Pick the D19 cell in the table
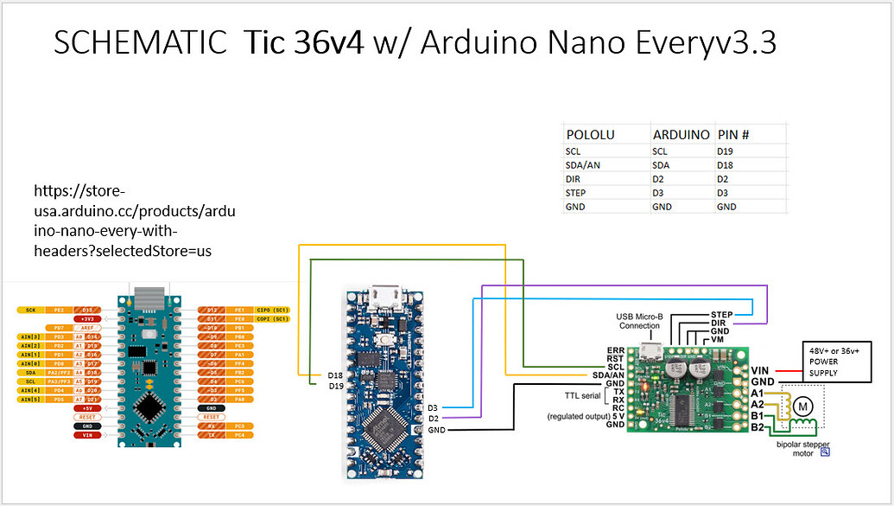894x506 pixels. pos(726,151)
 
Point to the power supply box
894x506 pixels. pos(836,361)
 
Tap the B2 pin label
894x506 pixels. pos(757,426)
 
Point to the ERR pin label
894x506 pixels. pos(615,349)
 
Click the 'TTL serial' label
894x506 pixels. pos(581,394)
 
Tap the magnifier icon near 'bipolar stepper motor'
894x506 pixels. pos(825,452)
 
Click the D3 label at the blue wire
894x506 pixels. pos(433,407)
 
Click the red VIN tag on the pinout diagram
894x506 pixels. pos(86,435)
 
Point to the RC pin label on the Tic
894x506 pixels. pos(617,407)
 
